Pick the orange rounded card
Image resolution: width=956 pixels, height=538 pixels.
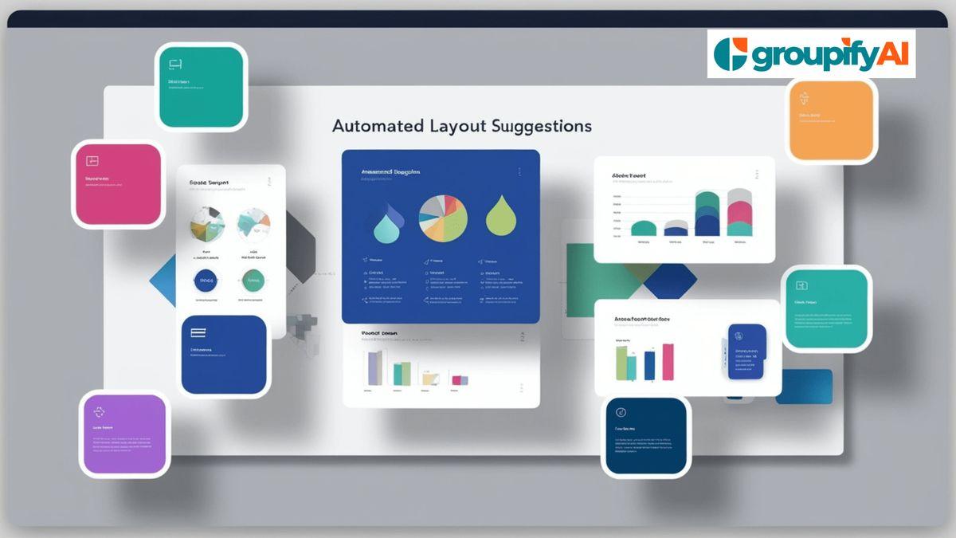(831, 120)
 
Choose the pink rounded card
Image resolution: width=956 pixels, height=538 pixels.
(117, 184)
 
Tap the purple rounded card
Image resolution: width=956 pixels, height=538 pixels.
(125, 434)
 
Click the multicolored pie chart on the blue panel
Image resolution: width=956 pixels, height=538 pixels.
(443, 218)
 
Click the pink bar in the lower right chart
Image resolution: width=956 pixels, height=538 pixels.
(668, 361)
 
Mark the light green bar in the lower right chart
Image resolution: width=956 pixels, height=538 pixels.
(621, 363)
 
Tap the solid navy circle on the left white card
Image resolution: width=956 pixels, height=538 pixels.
(206, 281)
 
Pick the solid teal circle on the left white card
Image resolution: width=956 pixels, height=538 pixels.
(253, 281)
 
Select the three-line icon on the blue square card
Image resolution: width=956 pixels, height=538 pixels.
(198, 334)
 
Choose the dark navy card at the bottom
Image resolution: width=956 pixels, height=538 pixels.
(645, 437)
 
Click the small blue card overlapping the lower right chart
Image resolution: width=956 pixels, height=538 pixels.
(746, 351)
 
